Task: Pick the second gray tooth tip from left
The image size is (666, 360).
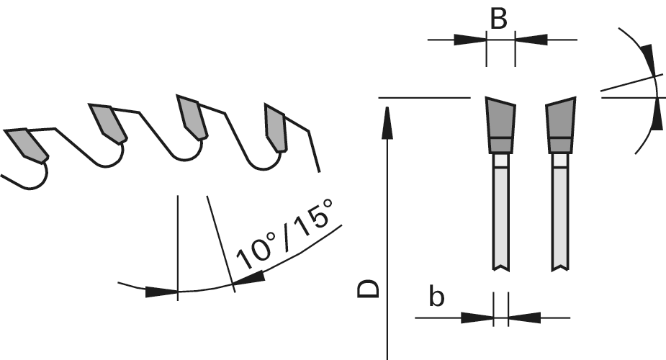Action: [x=108, y=122]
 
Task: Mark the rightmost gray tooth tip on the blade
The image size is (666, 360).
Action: [x=276, y=127]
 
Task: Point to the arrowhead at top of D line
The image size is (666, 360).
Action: [x=387, y=120]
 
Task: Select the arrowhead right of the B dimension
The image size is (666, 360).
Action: [x=531, y=39]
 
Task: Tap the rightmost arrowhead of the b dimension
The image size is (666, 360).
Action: [x=523, y=317]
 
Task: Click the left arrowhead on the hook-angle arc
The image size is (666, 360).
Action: [x=161, y=292]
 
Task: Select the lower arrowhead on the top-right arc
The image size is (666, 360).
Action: [x=656, y=114]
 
